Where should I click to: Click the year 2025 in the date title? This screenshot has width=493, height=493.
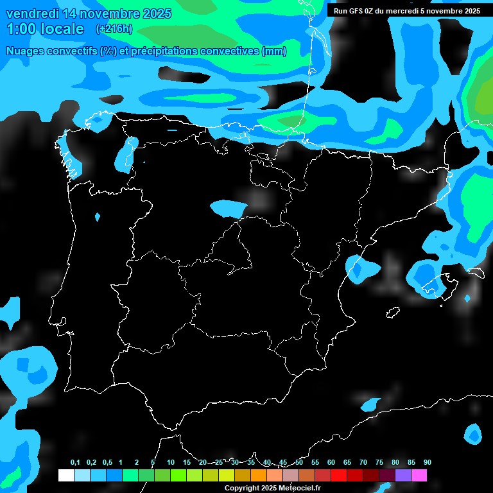click(152, 13)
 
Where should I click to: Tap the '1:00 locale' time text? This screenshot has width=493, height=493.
click(45, 30)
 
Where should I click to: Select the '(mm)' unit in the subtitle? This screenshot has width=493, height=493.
click(274, 51)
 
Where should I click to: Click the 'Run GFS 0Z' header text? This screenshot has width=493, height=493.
click(357, 11)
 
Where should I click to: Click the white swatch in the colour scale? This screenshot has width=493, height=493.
click(65, 475)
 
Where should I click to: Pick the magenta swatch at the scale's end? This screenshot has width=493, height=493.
click(419, 475)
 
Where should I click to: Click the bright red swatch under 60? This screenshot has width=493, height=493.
click(338, 475)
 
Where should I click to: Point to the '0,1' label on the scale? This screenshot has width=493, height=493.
click(75, 463)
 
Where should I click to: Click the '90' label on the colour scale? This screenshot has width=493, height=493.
click(427, 463)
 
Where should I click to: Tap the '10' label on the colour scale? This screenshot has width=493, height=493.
click(170, 463)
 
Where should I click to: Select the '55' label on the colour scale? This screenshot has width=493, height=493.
click(315, 463)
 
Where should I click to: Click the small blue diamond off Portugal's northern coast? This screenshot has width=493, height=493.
click(97, 217)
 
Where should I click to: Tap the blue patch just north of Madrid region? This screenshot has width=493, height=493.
click(228, 207)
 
